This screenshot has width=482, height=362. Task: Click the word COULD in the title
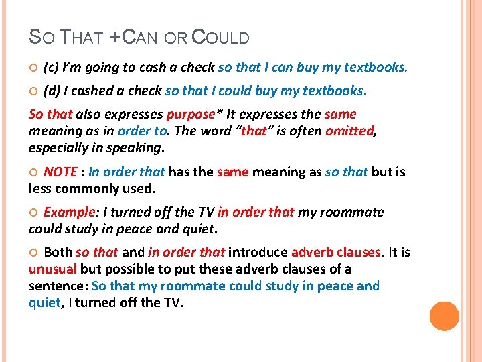(220, 38)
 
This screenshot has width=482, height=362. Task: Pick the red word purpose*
(194, 114)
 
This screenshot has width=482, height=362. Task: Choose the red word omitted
(349, 131)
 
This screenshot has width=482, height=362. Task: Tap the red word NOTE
(60, 172)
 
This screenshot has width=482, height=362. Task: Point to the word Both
(58, 253)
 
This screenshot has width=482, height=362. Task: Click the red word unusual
(53, 269)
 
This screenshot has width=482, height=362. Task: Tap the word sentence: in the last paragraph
(58, 286)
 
